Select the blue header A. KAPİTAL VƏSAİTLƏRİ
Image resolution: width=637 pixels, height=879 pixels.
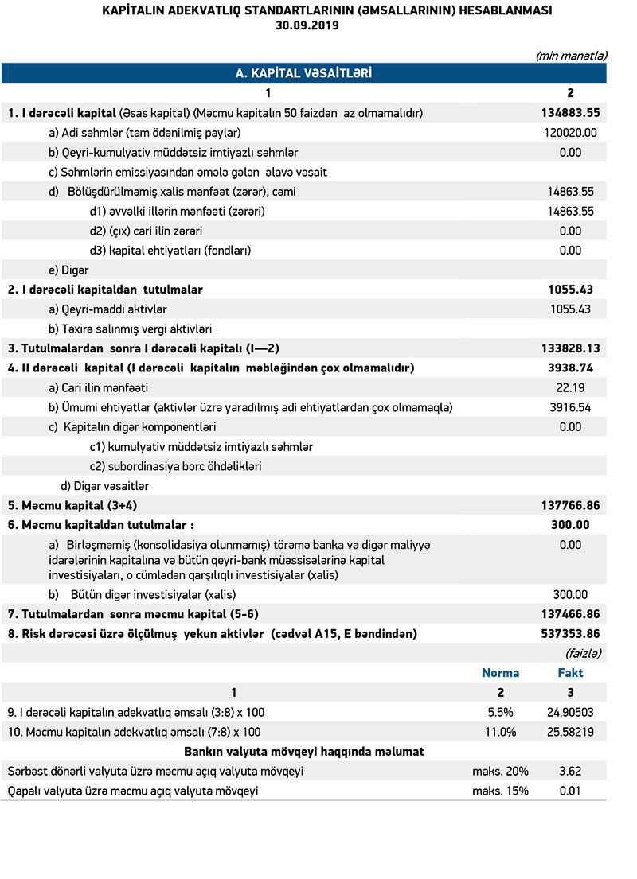click(x=304, y=73)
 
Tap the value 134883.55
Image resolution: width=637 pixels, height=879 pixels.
click(x=569, y=113)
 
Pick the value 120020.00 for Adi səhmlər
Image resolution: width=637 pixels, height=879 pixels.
click(x=569, y=133)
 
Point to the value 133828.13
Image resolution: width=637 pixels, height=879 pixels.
click(x=569, y=348)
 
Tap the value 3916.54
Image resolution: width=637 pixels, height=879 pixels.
click(x=569, y=407)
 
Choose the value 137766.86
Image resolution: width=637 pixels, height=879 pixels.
click(x=569, y=505)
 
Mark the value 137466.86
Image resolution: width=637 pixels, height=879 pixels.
click(x=569, y=614)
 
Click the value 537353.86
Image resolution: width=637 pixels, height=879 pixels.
click(x=569, y=634)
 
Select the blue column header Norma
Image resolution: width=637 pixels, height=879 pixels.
click(x=501, y=673)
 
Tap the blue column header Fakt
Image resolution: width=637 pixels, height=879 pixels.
click(x=570, y=673)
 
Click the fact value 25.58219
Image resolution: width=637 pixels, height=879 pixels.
click(x=569, y=732)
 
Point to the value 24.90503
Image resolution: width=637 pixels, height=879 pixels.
click(x=569, y=712)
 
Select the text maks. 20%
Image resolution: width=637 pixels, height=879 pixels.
click(x=501, y=771)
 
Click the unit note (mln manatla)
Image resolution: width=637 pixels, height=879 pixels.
click(x=572, y=56)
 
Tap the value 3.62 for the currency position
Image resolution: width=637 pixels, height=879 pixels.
click(x=570, y=771)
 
